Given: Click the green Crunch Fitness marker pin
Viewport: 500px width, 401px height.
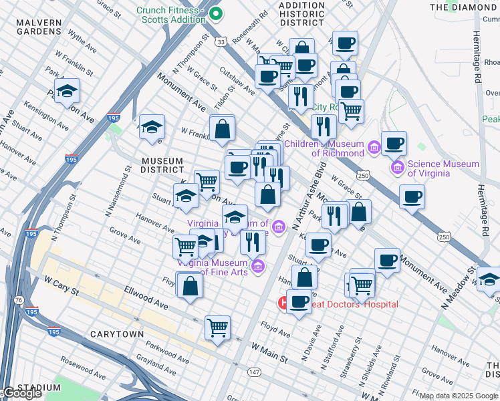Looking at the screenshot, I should pyautogui.click(x=215, y=13).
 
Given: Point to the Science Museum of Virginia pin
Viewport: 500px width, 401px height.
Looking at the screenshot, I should pyautogui.click(x=398, y=165).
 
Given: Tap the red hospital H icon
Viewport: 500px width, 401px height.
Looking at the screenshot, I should pyautogui.click(x=283, y=304).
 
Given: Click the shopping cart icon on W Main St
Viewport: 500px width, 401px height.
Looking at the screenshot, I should pyautogui.click(x=217, y=327).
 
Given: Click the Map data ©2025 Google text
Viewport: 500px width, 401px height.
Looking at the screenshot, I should pyautogui.click(x=459, y=396).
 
